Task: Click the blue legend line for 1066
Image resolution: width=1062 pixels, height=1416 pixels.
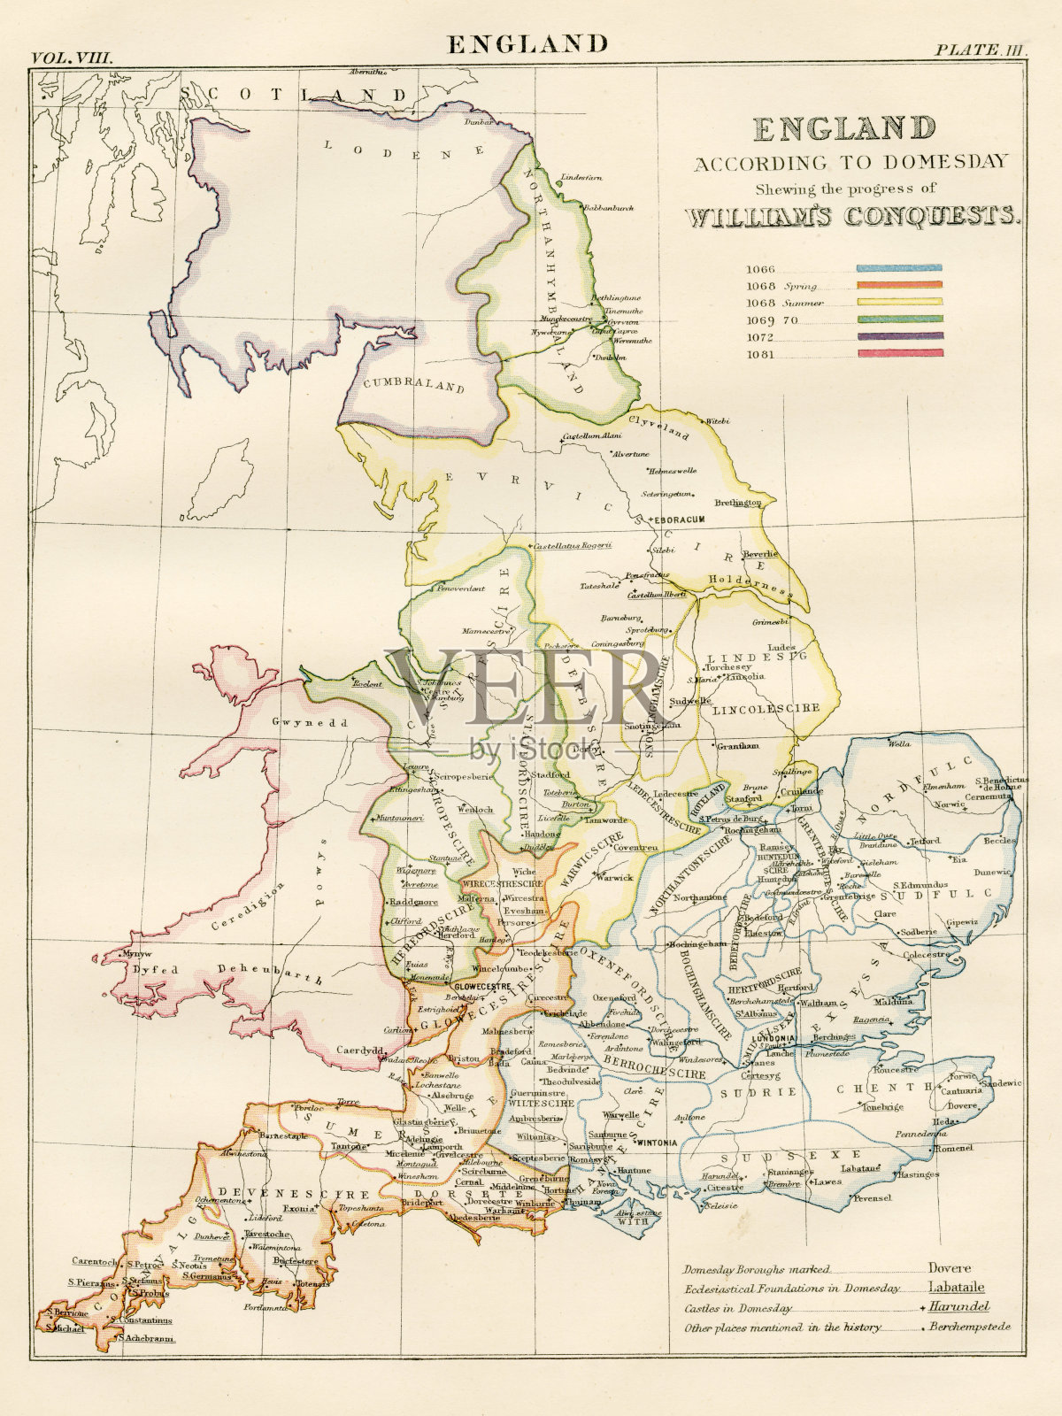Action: point(899,267)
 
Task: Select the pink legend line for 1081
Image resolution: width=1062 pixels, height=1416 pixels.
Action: point(899,354)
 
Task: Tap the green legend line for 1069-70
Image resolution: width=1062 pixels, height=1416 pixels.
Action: point(899,319)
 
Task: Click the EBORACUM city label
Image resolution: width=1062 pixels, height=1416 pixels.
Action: point(678,518)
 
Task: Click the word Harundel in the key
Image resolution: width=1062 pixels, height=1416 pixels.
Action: point(959,1307)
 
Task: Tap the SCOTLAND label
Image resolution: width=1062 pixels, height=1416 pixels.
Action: point(296,95)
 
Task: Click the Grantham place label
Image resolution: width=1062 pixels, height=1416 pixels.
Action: point(738,746)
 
